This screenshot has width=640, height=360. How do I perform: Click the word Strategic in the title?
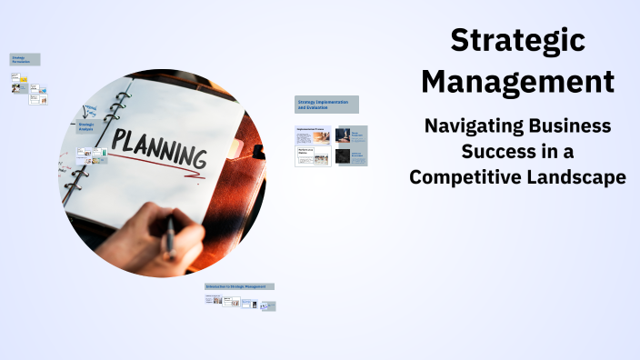(x=517, y=41)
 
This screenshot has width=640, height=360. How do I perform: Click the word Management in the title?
(x=517, y=82)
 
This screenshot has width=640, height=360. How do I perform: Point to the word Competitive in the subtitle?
(x=464, y=177)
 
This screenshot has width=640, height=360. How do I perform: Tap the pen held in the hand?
(x=169, y=235)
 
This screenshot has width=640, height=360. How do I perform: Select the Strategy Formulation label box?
(x=25, y=59)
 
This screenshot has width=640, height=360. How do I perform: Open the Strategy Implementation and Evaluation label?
(x=326, y=105)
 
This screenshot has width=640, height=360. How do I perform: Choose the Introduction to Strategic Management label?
(x=239, y=286)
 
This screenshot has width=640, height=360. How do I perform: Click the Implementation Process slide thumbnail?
(x=313, y=135)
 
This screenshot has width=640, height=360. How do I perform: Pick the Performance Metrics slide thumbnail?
(x=313, y=156)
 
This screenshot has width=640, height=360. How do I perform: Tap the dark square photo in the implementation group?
(x=343, y=156)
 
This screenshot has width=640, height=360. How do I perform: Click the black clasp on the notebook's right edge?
(x=258, y=151)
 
